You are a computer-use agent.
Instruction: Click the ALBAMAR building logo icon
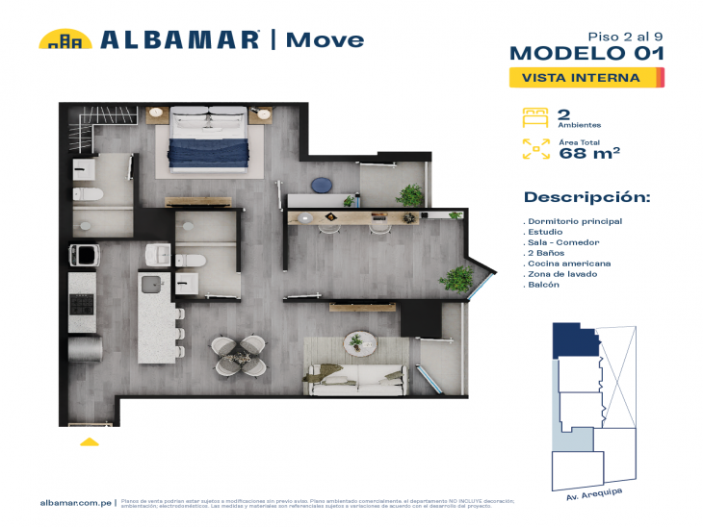pyautogui.click(x=65, y=39)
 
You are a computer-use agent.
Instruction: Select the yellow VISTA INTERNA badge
pyautogui.click(x=586, y=78)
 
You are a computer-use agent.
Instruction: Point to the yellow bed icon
pyautogui.click(x=534, y=117)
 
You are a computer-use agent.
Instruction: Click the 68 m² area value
pyautogui.click(x=588, y=152)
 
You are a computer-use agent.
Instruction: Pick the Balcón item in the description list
pyautogui.click(x=544, y=286)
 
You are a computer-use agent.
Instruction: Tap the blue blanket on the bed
pyautogui.click(x=216, y=152)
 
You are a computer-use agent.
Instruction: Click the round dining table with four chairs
pyautogui.click(x=241, y=355)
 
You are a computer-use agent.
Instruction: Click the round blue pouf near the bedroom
pyautogui.click(x=320, y=185)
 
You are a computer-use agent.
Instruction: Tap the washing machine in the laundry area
pyautogui.click(x=84, y=256)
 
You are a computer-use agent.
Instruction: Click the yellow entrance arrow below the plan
pyautogui.click(x=89, y=441)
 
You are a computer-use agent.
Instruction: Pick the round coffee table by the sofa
pyautogui.click(x=358, y=341)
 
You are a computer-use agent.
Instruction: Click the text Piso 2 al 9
pyautogui.click(x=632, y=33)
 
